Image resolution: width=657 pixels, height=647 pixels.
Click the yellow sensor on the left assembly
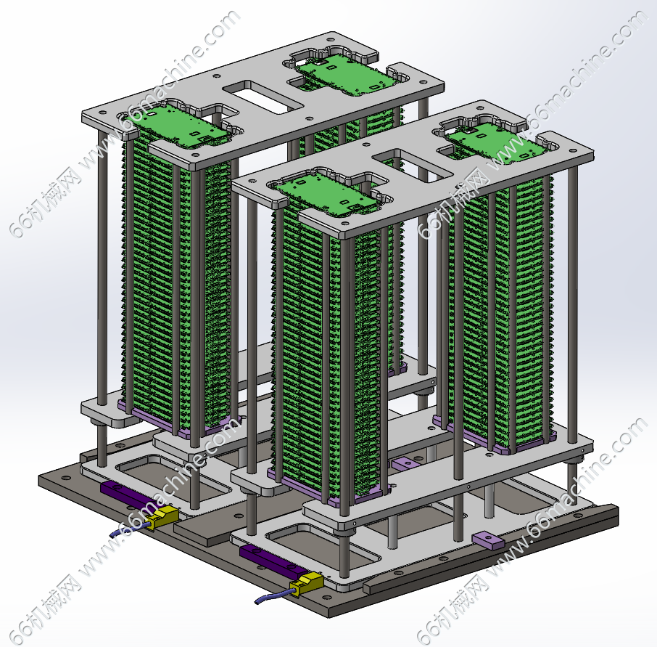tap(163, 516)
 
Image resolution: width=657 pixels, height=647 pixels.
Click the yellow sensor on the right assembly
tap(308, 583)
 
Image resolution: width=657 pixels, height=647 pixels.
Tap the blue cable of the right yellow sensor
tap(274, 596)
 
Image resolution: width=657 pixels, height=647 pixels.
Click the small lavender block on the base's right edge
tap(488, 540)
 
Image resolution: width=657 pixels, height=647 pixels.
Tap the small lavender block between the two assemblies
tap(405, 464)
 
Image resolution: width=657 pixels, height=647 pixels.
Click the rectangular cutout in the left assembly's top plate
tap(263, 97)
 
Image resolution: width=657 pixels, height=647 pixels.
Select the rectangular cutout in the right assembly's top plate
tap(413, 165)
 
